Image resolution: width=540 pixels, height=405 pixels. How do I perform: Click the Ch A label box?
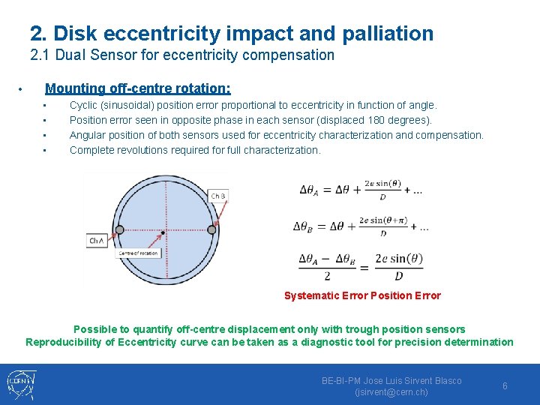tap(97, 241)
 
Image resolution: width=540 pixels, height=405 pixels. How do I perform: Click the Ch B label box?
tap(218, 196)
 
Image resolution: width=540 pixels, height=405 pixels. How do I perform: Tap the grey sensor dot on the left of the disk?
tap(114, 230)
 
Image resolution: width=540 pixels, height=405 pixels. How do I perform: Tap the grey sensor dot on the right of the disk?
tap(211, 229)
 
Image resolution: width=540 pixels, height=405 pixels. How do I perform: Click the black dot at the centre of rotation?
tap(163, 234)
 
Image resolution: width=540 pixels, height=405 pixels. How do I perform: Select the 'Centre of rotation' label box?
tap(138, 253)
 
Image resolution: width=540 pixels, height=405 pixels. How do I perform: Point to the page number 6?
tap(505, 385)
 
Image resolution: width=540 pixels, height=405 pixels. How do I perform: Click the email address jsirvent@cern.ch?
tap(391, 392)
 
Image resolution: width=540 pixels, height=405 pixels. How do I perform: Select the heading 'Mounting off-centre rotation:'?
tap(138, 88)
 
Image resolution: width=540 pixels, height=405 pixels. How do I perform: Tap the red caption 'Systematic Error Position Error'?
tap(362, 295)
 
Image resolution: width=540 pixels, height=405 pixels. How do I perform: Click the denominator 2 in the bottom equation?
tap(327, 276)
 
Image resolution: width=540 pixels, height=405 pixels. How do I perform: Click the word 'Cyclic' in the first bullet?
tap(84, 106)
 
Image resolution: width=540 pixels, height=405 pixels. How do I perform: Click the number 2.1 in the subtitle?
tap(39, 55)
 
